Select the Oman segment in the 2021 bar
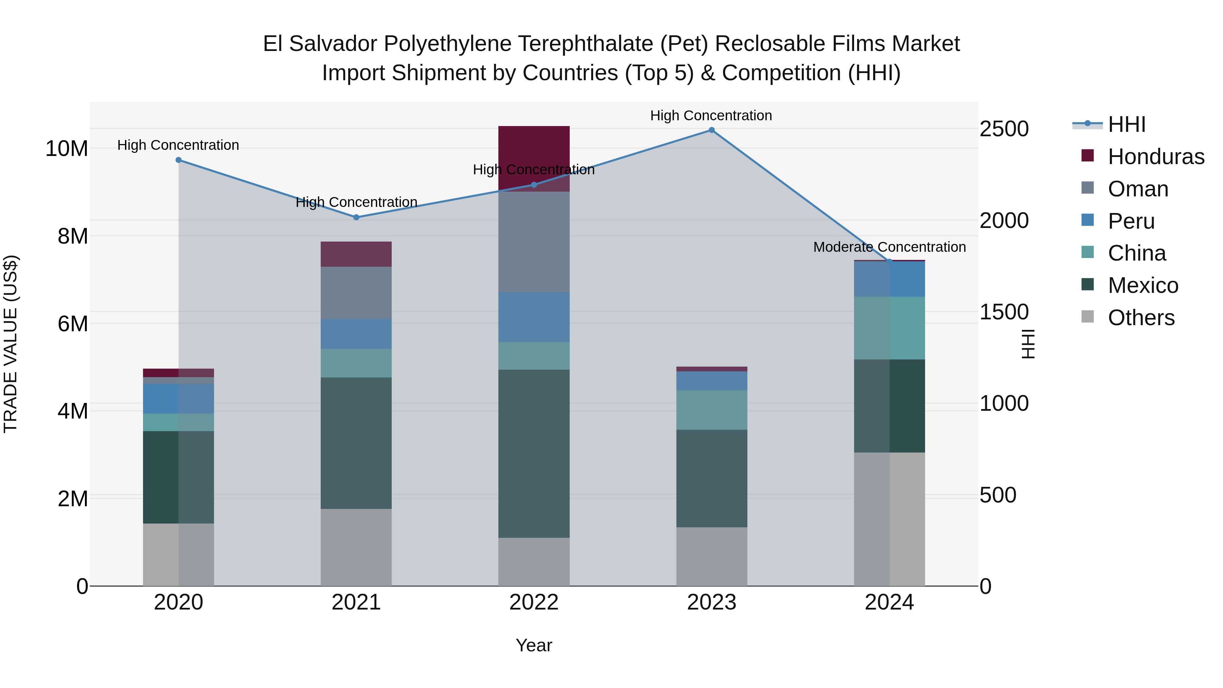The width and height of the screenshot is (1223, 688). [356, 293]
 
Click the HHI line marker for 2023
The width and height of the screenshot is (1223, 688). [711, 130]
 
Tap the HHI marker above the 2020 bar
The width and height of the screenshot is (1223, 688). [178, 160]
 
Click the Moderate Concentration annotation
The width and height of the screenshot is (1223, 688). [889, 247]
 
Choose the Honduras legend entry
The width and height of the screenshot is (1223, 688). [1156, 157]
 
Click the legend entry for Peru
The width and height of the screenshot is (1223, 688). [1131, 221]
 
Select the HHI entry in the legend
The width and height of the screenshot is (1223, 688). [1126, 124]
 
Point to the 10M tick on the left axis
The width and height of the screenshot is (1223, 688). [67, 148]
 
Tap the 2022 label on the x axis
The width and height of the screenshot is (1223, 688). [534, 602]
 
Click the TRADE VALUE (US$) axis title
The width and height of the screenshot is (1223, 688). [11, 344]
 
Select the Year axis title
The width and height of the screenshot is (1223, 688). [534, 645]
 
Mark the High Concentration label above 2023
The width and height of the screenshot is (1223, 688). [711, 116]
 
